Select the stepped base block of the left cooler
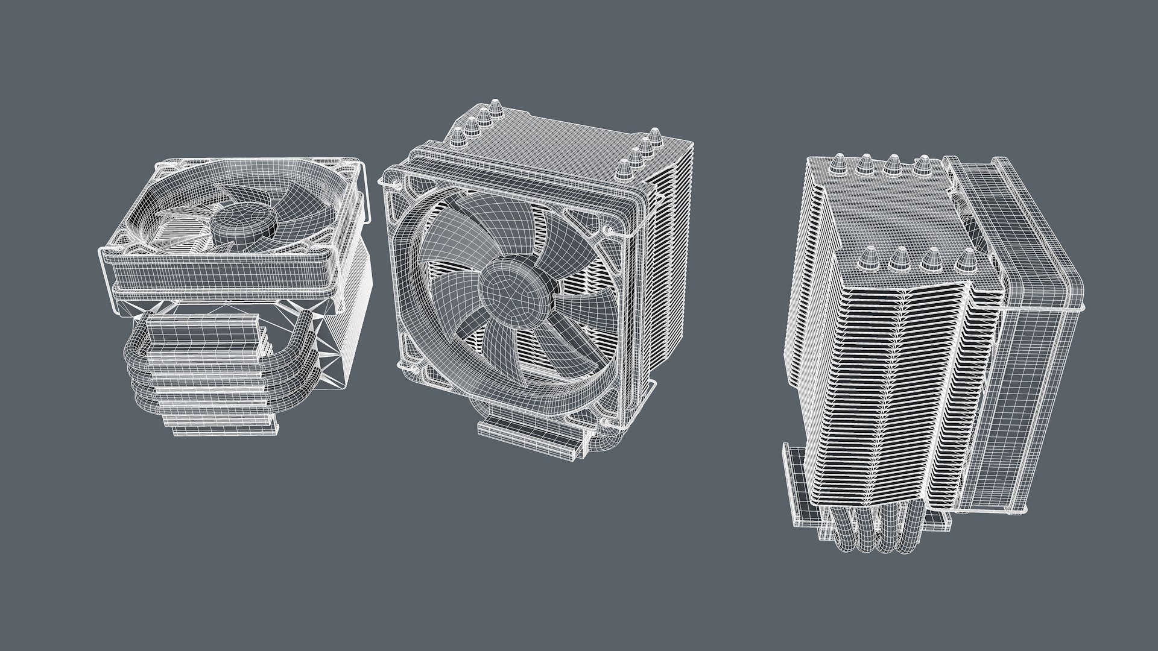coord(217,386)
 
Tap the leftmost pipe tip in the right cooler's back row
coord(838,164)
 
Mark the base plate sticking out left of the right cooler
coord(796,482)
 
